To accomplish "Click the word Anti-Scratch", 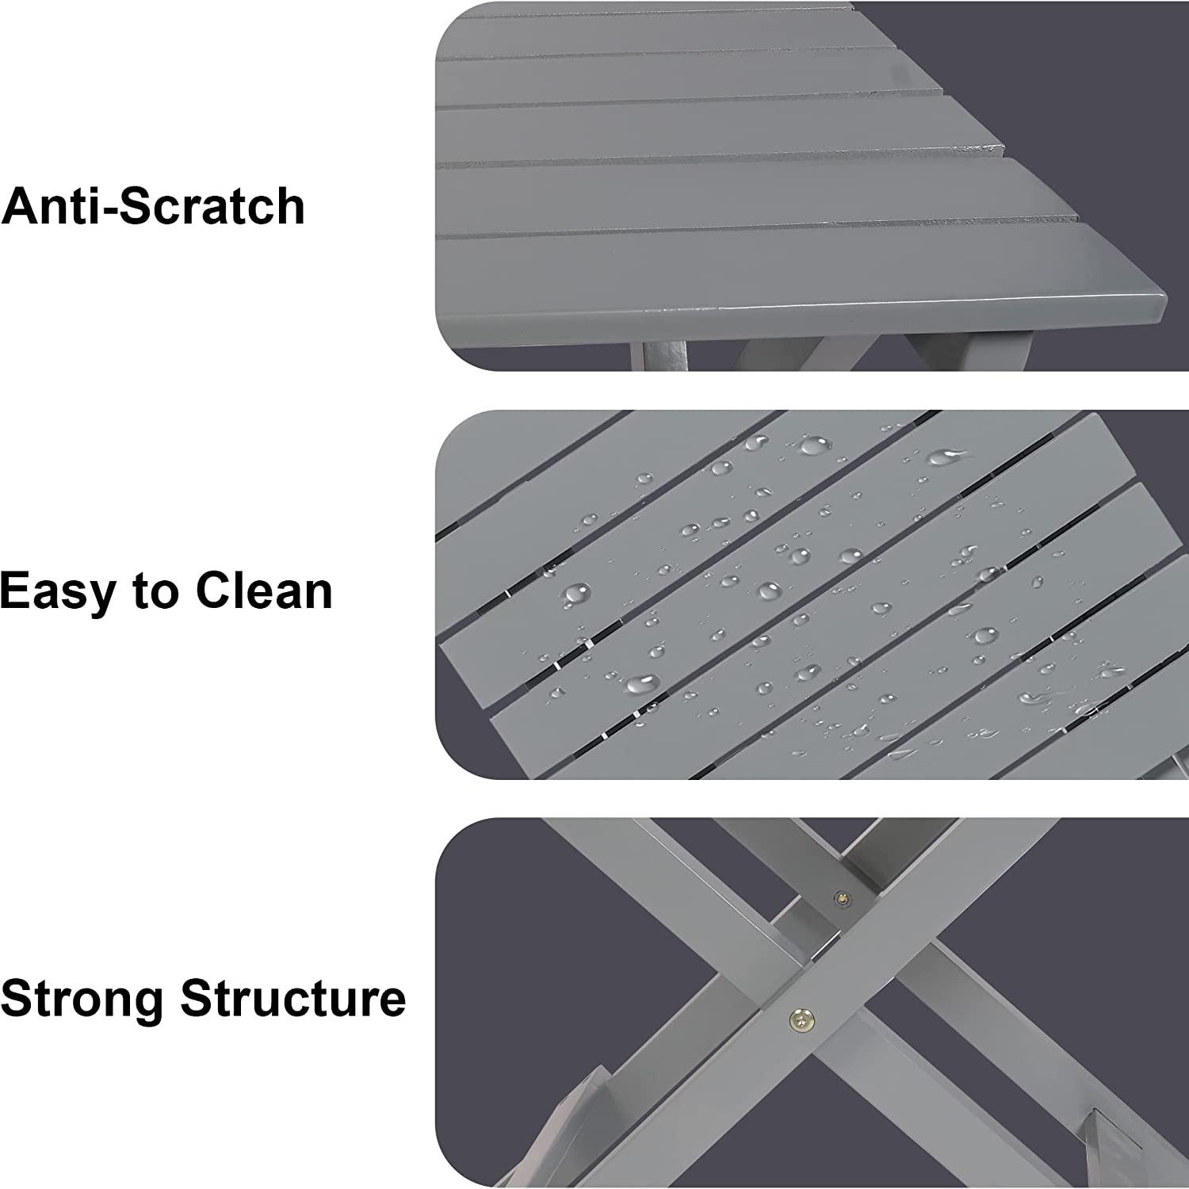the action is (x=153, y=206).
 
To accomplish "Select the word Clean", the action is (x=263, y=591).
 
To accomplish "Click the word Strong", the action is (x=85, y=1000).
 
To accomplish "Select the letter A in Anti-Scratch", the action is (x=21, y=207).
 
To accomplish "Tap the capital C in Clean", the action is (x=214, y=591).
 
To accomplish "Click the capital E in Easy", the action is (x=17, y=591).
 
